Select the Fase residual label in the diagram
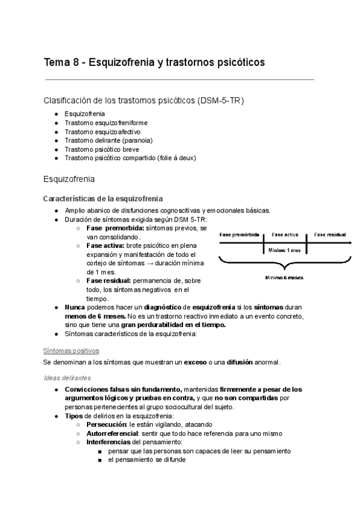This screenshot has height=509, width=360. (329, 235)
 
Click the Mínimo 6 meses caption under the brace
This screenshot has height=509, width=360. (284, 278)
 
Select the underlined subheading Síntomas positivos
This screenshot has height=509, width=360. (71, 350)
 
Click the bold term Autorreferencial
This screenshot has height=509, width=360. (112, 433)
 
